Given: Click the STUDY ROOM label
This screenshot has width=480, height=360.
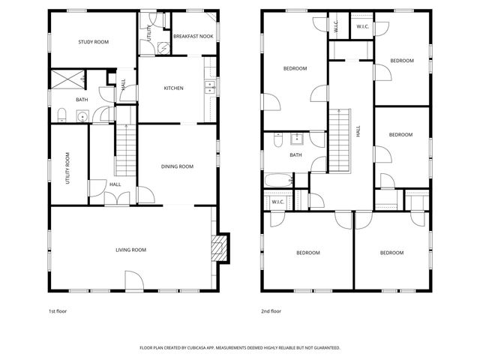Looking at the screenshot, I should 94,42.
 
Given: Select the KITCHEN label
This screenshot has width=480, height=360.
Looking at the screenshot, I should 174,88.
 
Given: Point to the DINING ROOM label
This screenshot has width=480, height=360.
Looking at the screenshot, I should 178,166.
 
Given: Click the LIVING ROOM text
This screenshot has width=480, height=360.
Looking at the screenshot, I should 130,250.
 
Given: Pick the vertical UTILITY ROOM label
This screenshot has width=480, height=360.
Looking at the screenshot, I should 67,169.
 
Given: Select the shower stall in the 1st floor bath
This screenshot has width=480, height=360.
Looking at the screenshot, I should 67,77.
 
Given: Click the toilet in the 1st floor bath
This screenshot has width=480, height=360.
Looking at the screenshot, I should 63,115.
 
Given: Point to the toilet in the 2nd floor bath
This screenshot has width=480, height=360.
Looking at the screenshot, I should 277,139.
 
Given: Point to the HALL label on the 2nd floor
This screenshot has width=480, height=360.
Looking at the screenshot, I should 359,130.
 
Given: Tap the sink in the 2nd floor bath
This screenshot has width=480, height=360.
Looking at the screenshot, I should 297,138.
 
